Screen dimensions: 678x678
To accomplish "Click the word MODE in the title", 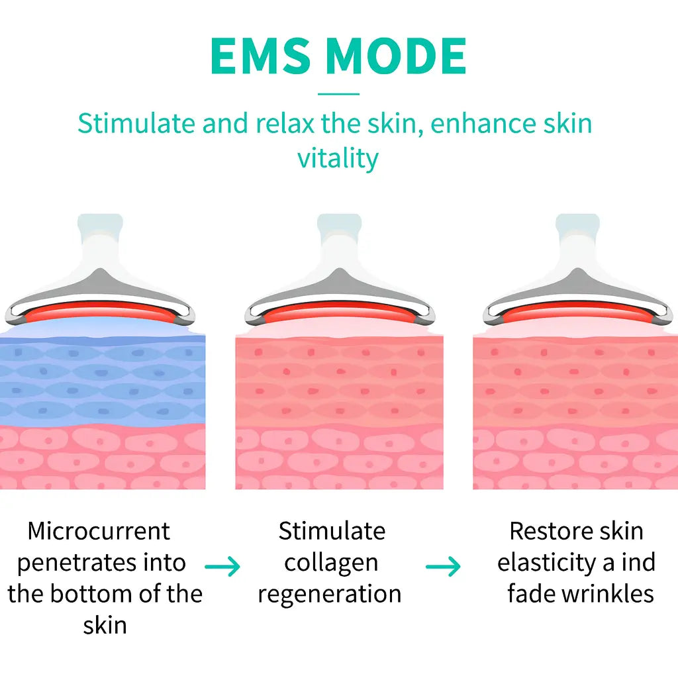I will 396,57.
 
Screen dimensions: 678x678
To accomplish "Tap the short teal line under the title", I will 338,94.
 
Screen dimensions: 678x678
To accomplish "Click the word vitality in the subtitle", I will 338,159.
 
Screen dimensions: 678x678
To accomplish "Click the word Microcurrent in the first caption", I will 99,531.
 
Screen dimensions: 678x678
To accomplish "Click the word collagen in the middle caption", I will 331,563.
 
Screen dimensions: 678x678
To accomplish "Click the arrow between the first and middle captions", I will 222,567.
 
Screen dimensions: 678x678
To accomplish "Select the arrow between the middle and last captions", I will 443,567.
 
